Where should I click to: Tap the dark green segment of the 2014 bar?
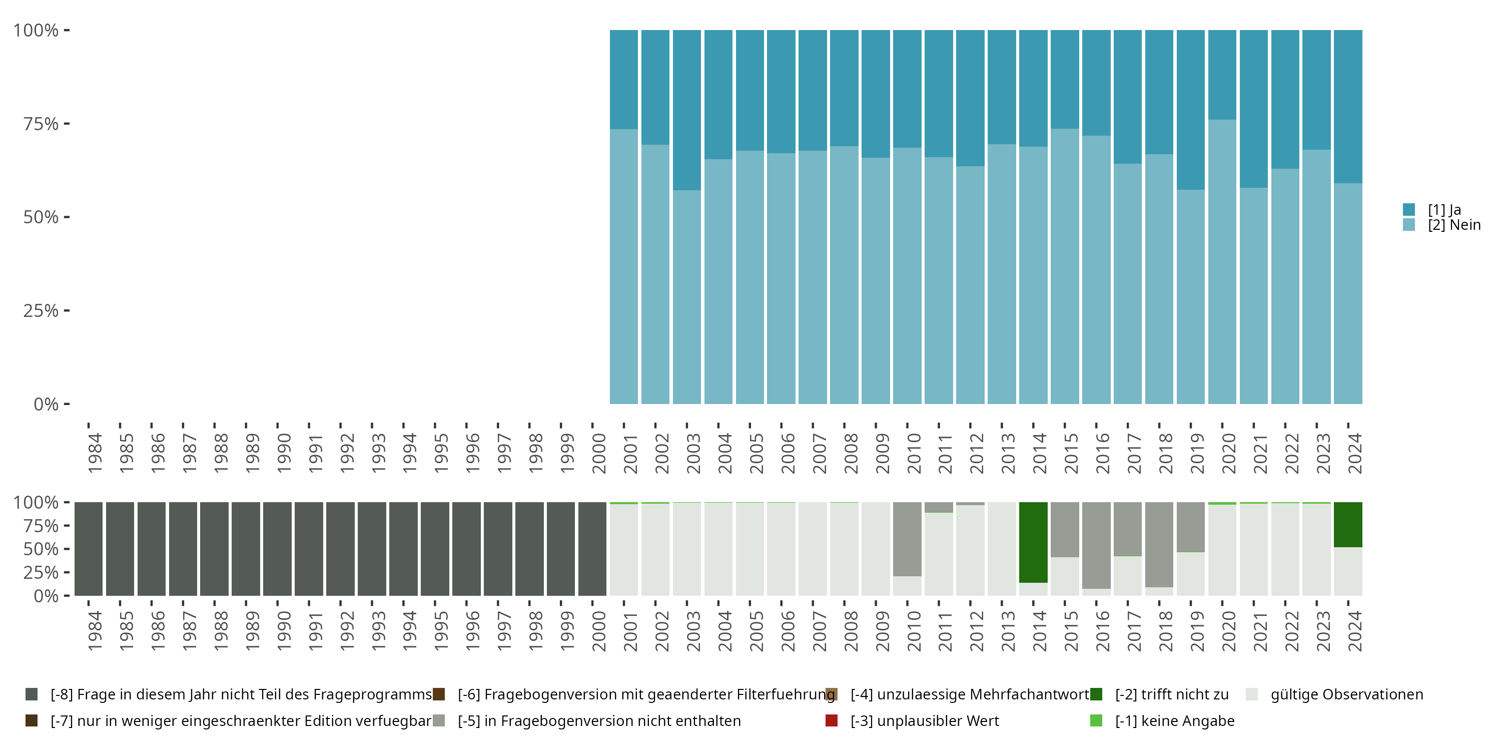click(x=1033, y=542)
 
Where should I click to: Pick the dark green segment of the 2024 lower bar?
click(x=1348, y=524)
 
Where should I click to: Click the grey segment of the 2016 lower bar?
click(x=1096, y=545)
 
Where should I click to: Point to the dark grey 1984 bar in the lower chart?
click(x=89, y=549)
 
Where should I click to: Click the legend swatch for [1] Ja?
click(x=1409, y=209)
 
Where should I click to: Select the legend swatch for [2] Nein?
click(x=1409, y=224)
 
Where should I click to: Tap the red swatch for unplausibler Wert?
click(x=832, y=720)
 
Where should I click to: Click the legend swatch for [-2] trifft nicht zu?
click(x=1096, y=694)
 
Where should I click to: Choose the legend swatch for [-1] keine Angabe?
click(x=1096, y=720)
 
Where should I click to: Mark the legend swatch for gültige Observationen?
click(x=1252, y=694)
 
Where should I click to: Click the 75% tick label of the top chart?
click(x=41, y=124)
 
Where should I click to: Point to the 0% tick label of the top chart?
click(x=46, y=404)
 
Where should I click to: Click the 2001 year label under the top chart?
click(x=630, y=453)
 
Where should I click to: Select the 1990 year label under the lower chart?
click(x=284, y=631)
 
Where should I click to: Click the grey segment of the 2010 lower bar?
click(x=907, y=539)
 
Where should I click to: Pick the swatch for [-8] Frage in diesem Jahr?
click(x=32, y=694)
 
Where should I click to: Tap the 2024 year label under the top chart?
click(x=1355, y=453)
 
